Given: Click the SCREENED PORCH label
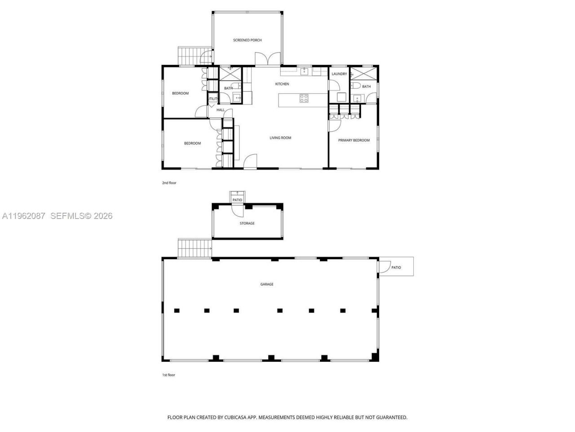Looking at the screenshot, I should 247,40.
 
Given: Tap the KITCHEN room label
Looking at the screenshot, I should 282,84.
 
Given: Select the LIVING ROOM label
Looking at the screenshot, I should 280,138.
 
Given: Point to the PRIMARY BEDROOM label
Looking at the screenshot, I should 354,140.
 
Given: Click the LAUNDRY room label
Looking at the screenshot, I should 339,74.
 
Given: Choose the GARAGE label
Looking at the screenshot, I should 267,284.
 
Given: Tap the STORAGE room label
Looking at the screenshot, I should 247,223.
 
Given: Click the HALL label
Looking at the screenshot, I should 221,110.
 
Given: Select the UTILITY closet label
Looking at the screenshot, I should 212,99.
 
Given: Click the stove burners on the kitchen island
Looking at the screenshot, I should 304,98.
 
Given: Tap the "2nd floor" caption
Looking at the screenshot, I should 169,183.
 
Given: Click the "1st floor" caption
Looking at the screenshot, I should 168,375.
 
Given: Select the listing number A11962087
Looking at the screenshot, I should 24,216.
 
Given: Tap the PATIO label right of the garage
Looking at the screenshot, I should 396,267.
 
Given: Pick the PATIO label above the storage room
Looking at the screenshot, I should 237,200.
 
